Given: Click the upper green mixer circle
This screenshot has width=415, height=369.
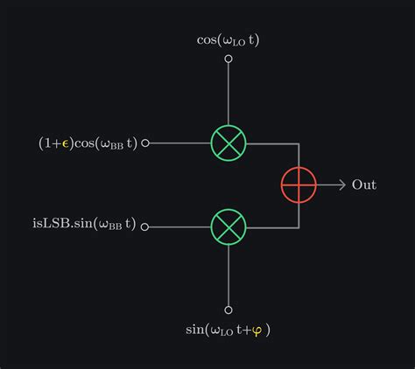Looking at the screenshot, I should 229,143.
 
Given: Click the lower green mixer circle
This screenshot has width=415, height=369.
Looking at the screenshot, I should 229,226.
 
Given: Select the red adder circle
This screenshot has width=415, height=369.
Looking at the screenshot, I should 299,184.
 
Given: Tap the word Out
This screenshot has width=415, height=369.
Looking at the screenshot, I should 364,184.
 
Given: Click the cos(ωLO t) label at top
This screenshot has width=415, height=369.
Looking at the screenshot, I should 229,39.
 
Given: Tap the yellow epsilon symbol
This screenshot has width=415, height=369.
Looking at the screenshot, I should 65,143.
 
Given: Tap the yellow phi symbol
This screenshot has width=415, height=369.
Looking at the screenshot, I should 256,331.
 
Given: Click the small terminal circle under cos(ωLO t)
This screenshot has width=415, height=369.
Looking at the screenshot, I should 229,59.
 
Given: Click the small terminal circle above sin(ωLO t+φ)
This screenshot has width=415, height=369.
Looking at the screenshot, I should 229,310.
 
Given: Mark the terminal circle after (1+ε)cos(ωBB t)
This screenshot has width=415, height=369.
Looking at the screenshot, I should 145,143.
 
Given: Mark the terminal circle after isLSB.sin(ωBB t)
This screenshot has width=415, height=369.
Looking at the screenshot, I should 145,226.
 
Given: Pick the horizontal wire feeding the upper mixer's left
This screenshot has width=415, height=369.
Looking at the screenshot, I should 179,143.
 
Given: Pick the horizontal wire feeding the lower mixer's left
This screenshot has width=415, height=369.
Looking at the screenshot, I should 179,226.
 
